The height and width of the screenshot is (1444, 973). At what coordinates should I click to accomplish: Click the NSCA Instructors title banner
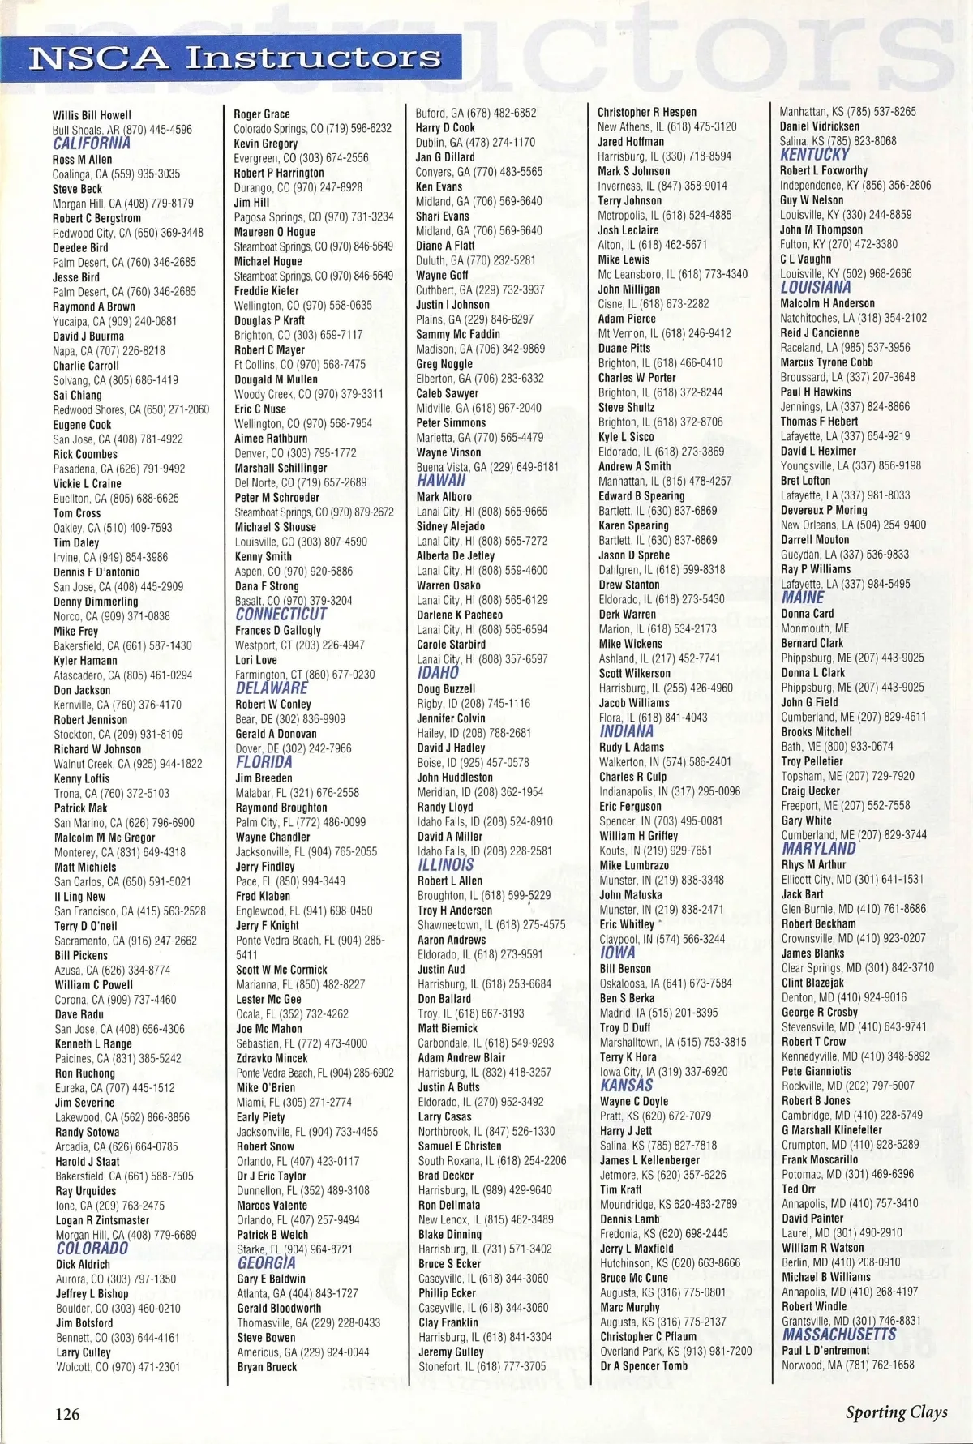pos(235,58)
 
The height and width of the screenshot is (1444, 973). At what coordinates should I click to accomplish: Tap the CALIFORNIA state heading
pos(92,144)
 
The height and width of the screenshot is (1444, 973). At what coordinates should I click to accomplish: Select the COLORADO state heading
pos(92,1249)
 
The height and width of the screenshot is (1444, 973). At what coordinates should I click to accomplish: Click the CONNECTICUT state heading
pos(281,615)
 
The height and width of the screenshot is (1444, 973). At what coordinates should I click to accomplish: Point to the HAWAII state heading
pos(441,481)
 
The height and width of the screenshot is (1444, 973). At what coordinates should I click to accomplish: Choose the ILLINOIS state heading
pos(445,865)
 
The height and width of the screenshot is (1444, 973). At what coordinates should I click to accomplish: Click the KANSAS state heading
pos(627,1086)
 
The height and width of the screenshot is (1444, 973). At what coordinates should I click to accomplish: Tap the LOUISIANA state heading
pos(816,288)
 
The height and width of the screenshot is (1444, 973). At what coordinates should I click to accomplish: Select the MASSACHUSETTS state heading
pos(839,1335)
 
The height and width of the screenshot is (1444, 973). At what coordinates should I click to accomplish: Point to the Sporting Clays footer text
pos(896,1412)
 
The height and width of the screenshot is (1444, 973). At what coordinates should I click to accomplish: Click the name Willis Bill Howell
pos(92,115)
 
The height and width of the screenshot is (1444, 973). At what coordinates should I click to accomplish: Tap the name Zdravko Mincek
pos(272,1058)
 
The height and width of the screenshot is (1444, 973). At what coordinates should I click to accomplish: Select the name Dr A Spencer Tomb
pos(644,1365)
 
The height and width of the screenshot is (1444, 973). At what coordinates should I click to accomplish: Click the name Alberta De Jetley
pos(455,555)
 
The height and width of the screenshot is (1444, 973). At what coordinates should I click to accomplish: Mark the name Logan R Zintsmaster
pos(102,1220)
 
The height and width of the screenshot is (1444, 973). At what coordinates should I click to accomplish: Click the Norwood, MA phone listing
pos(847,1365)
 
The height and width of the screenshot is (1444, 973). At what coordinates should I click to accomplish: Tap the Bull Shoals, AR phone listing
pos(122,130)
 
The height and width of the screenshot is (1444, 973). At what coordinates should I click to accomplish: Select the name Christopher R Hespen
pos(647,112)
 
